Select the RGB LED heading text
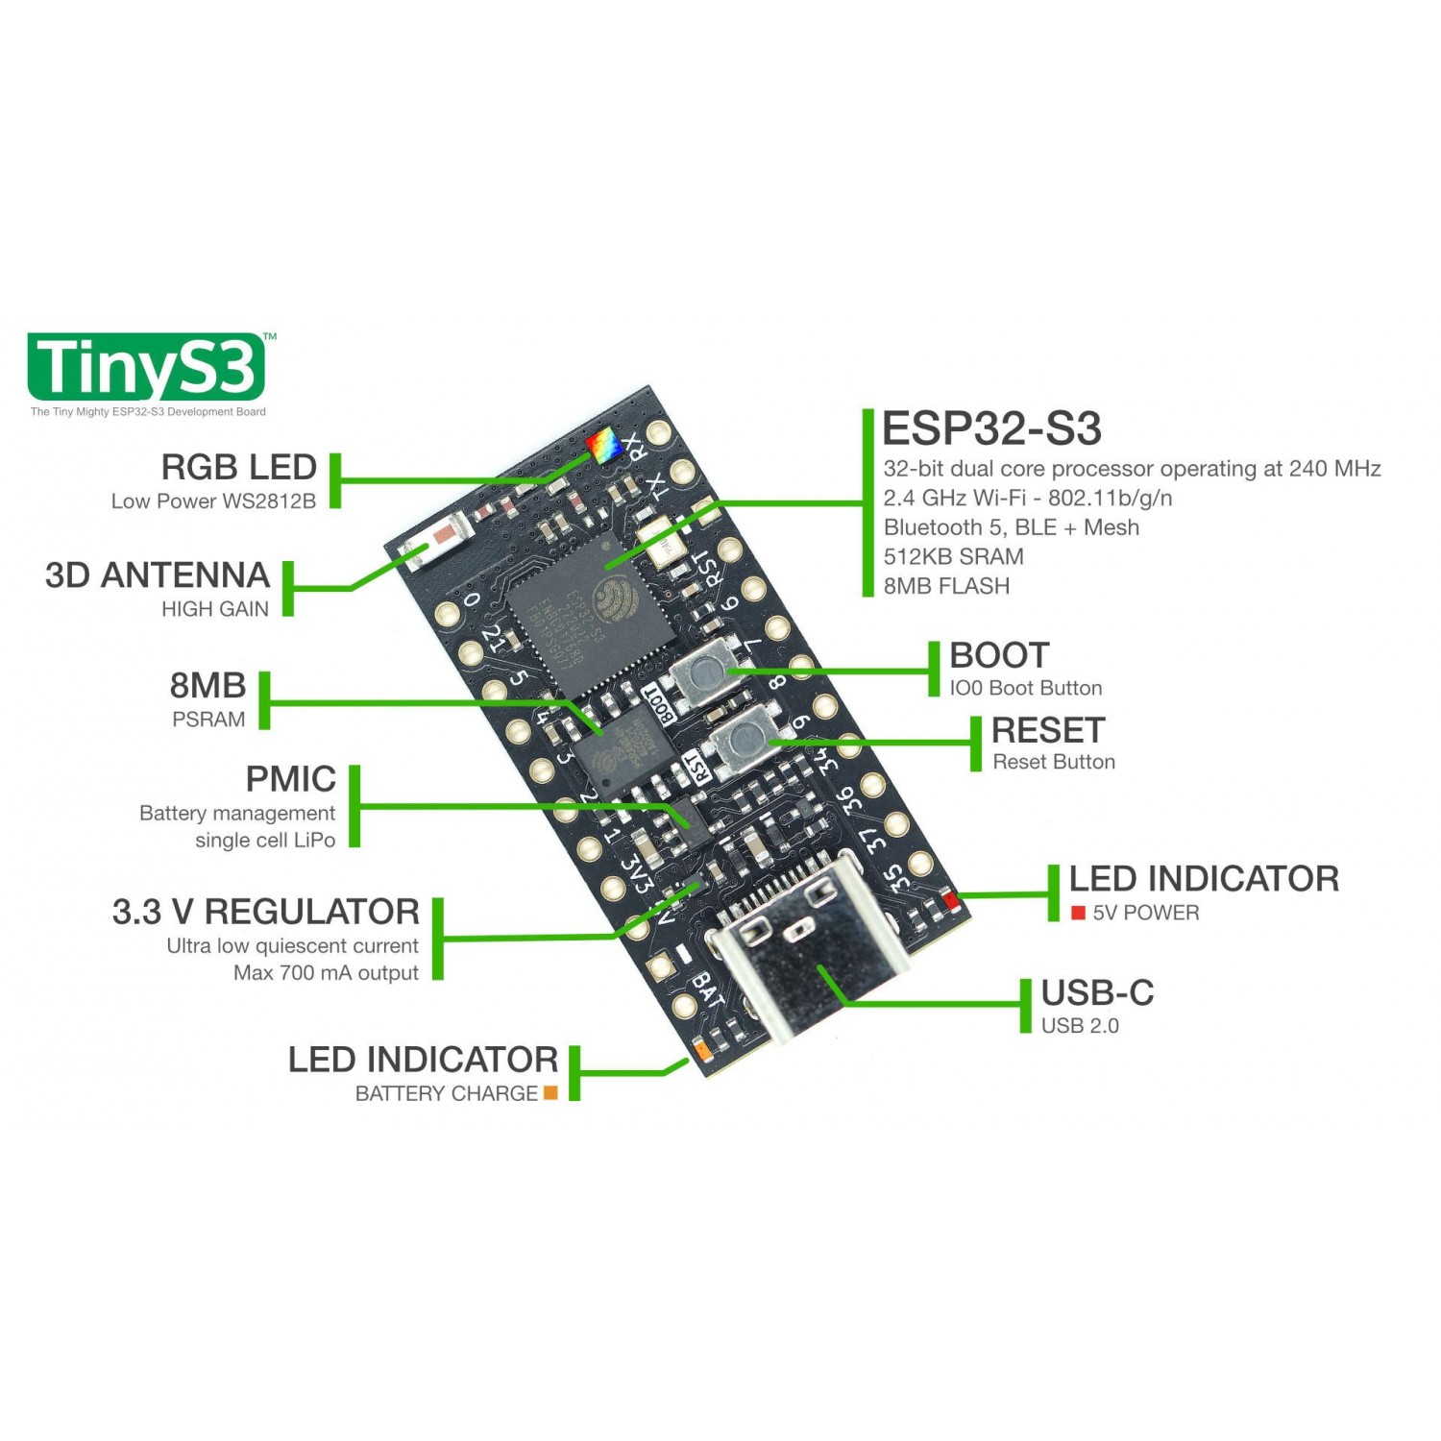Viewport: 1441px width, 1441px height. [x=238, y=467]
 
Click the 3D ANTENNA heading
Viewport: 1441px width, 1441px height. [x=157, y=574]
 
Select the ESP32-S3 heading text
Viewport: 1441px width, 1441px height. [x=990, y=428]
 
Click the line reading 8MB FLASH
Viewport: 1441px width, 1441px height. [x=945, y=586]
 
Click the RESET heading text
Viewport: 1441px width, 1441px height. [x=1047, y=730]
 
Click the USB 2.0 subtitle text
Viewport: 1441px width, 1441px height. [x=1079, y=1026]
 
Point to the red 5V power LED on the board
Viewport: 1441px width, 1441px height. [x=951, y=900]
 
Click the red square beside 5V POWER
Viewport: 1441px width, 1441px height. [x=1078, y=913]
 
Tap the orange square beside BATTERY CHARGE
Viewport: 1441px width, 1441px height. [x=550, y=1092]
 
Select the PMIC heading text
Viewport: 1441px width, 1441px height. [x=290, y=778]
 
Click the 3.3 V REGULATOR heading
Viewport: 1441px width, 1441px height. [x=265, y=911]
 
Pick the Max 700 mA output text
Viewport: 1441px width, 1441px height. [x=326, y=972]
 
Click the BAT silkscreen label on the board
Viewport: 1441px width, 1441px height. [x=708, y=989]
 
